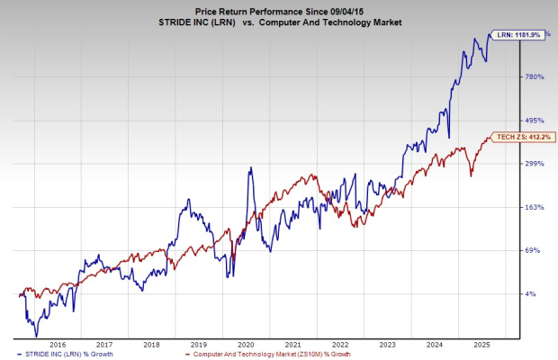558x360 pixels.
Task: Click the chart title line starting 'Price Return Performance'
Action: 278,8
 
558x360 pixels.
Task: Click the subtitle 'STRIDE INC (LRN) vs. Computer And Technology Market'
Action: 278,22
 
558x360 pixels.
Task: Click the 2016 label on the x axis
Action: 58,345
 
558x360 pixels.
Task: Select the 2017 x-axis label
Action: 105,345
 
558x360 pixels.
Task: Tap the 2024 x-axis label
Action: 433,345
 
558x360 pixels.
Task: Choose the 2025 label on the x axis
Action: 480,345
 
